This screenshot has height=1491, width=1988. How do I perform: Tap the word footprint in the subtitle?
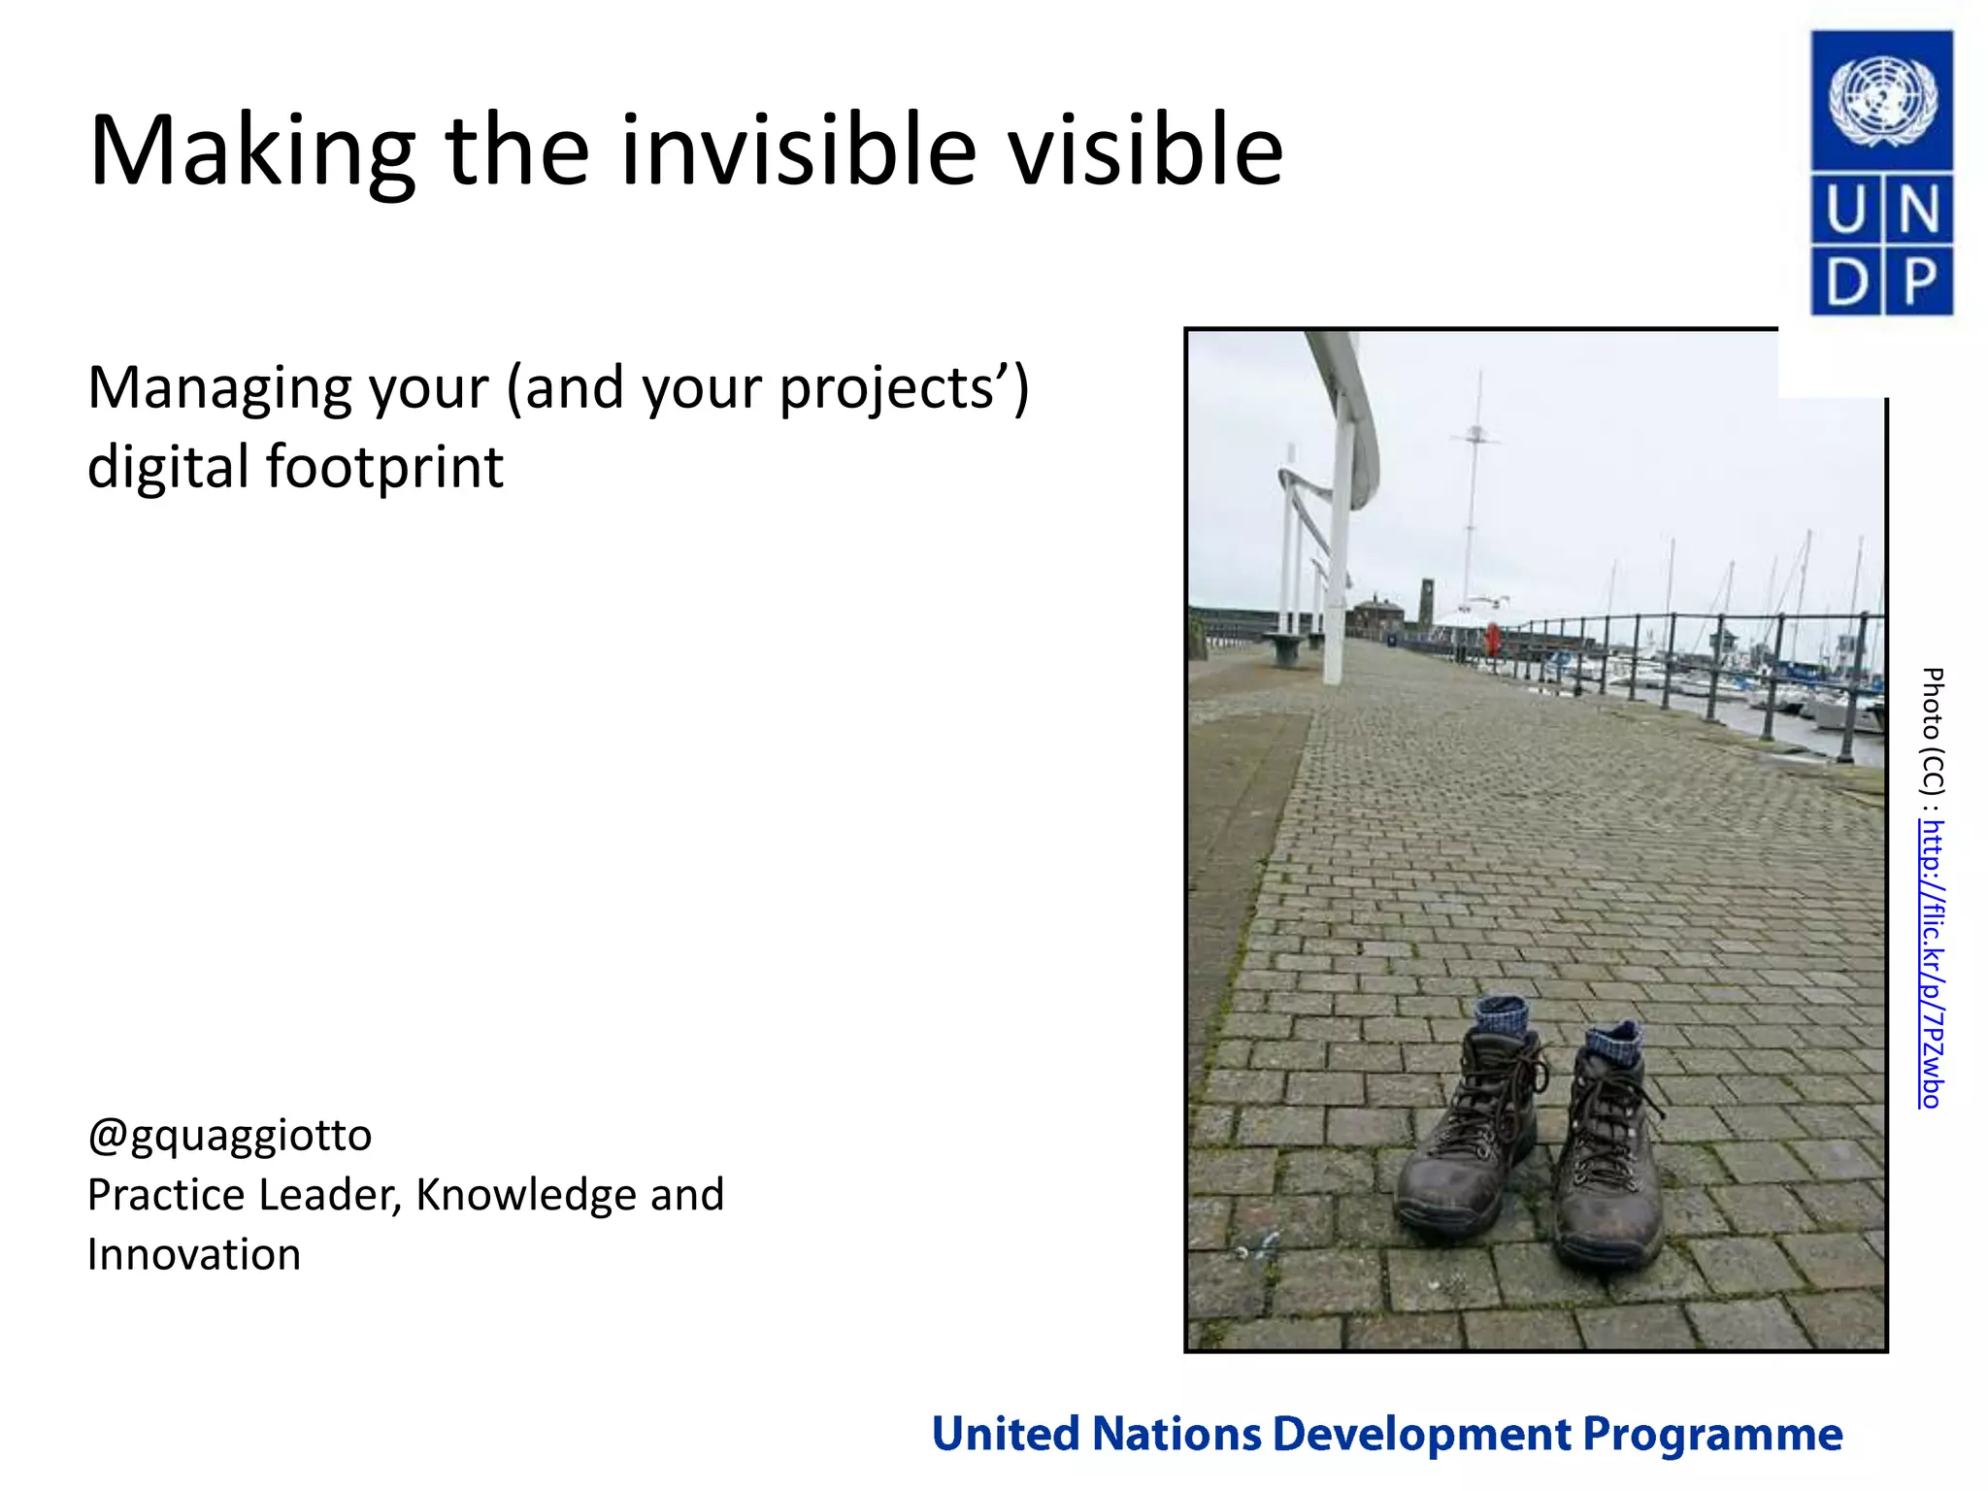(x=384, y=467)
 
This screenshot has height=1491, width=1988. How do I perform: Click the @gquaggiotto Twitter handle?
(x=230, y=1135)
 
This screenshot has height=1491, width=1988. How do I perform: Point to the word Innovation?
(x=194, y=1254)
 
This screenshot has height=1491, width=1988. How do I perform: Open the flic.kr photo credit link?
(x=1932, y=963)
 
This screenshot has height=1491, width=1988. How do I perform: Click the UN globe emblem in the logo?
(x=1882, y=101)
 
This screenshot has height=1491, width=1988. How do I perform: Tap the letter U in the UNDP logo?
(x=1845, y=210)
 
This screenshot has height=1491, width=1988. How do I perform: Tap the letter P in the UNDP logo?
(x=1919, y=282)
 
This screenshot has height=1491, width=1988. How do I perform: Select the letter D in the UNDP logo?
(x=1845, y=282)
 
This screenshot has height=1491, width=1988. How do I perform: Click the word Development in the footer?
(x=1421, y=1435)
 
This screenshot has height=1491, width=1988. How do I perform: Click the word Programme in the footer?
(x=1712, y=1435)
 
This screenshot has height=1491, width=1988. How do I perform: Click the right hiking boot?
(x=1607, y=1165)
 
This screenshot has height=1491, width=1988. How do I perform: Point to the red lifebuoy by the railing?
(x=1492, y=640)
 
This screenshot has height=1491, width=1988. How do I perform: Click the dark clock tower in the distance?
(x=1425, y=600)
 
